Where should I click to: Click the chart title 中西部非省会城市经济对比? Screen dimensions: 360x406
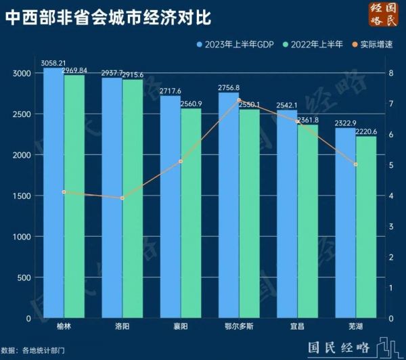pos(108,17)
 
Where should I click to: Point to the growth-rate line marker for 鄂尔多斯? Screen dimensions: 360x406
pos(239,100)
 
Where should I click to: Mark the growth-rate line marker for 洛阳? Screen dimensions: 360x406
pos(122,198)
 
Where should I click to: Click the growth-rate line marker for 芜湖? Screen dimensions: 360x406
pos(355,164)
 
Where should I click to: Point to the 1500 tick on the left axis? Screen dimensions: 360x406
pos(22,196)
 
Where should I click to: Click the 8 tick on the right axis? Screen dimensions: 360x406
pos(391,72)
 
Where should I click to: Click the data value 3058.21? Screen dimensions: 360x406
pos(53,62)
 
